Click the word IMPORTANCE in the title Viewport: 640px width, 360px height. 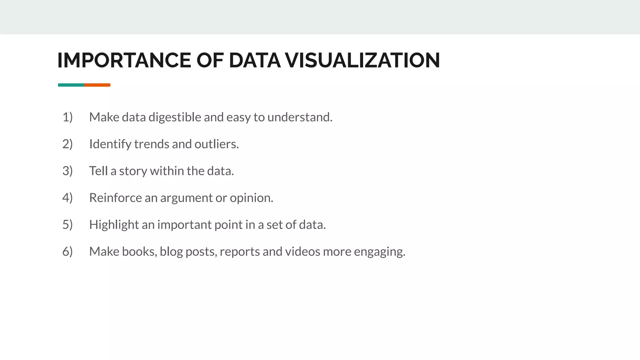124,60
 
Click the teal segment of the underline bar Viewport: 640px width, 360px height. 71,85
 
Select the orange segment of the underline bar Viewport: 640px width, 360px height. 97,85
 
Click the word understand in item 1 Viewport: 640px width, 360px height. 299,117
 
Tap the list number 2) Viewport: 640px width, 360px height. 67,144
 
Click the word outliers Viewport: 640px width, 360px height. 216,144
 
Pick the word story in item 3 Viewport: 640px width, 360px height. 133,171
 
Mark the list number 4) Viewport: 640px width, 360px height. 67,198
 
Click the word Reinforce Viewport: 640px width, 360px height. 115,198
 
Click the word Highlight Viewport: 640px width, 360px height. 114,225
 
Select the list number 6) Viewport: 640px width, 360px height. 67,252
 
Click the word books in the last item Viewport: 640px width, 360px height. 139,252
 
